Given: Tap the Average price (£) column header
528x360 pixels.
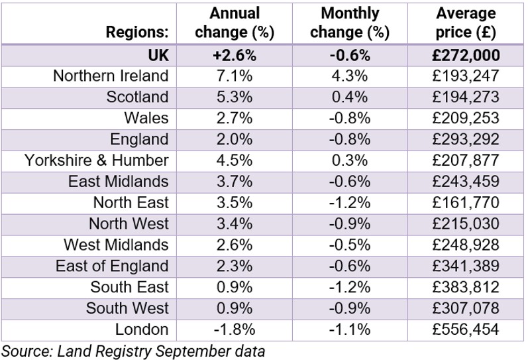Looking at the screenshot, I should coord(466,23).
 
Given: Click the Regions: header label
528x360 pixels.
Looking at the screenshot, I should coord(136,32).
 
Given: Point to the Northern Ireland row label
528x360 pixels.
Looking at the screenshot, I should coord(111,76).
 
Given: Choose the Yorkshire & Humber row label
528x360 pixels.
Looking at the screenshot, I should coord(97,160).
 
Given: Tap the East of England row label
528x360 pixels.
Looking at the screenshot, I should coord(112,266).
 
